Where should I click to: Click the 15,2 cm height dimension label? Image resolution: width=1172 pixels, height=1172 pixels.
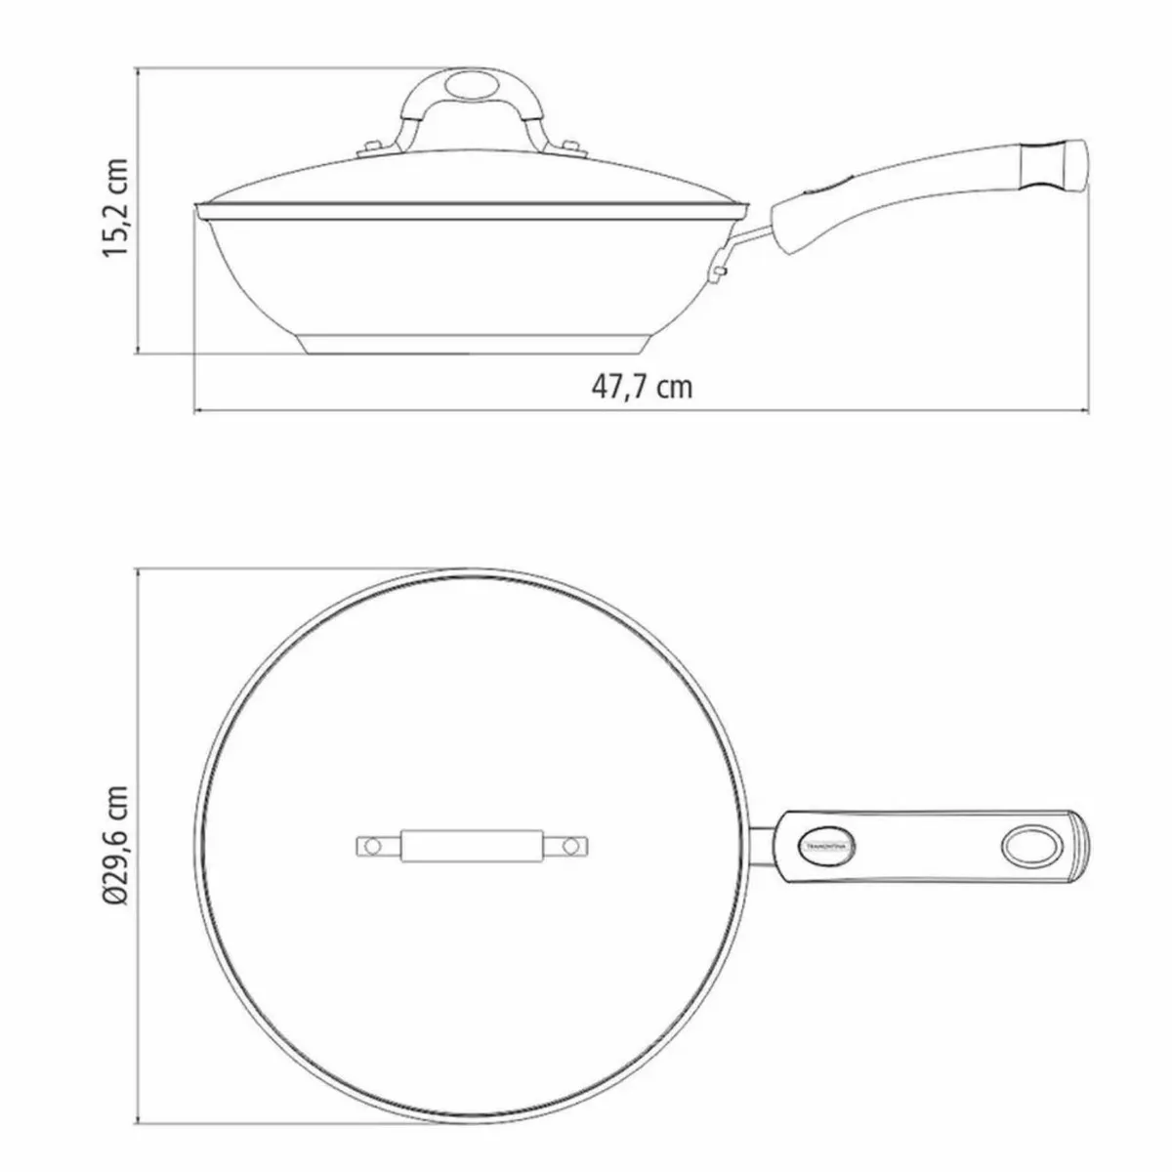tap(116, 206)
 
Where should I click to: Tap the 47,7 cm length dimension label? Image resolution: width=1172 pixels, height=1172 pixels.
tap(642, 387)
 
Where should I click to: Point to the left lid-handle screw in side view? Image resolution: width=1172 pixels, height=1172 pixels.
tap(371, 148)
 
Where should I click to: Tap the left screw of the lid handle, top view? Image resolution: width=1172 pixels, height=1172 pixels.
tap(371, 845)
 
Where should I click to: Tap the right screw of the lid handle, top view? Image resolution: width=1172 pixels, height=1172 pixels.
tap(576, 845)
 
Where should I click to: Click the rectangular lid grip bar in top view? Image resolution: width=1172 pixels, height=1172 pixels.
tap(474, 845)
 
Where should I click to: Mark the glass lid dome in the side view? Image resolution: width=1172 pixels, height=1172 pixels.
tap(469, 181)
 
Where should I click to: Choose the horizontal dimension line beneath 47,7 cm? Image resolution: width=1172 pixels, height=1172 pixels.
tap(391, 410)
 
